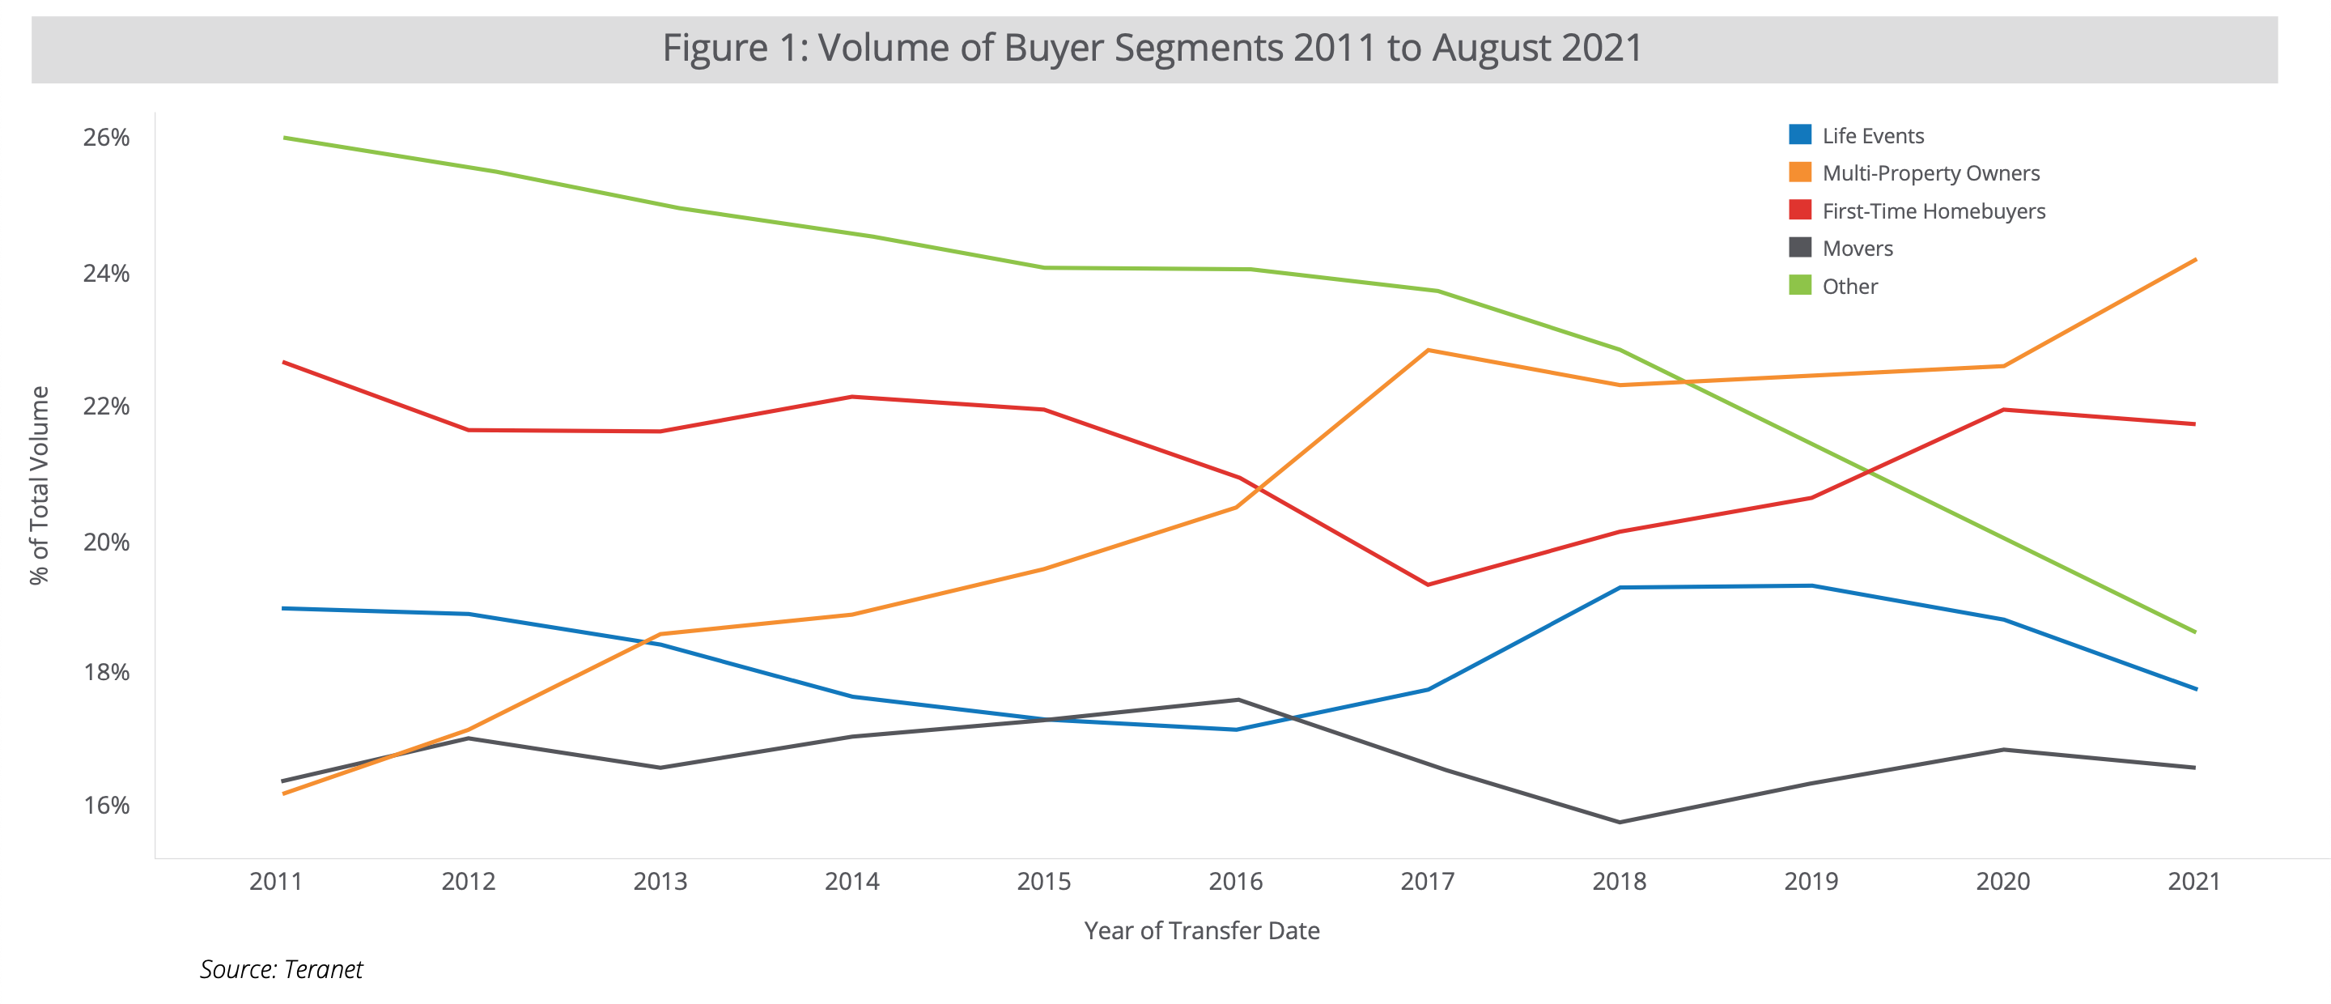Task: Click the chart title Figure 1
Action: [x=1152, y=48]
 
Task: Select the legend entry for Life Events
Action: [x=1872, y=136]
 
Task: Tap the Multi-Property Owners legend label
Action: [x=1930, y=173]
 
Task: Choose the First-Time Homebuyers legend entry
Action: [x=1933, y=211]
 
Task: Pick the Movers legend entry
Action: [x=1857, y=248]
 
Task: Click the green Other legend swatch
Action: [x=1800, y=286]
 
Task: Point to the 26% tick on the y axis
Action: [x=106, y=138]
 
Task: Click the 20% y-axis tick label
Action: [x=106, y=542]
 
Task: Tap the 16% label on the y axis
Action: [x=106, y=805]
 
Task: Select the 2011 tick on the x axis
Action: [x=276, y=881]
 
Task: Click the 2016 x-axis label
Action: [x=1235, y=881]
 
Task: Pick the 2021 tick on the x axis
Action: [x=2193, y=881]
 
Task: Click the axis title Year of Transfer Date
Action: [x=1202, y=930]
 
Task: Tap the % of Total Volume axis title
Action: [x=39, y=485]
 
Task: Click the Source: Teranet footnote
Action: [x=281, y=970]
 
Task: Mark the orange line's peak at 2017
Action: [x=1427, y=351]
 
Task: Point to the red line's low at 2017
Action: [x=1427, y=585]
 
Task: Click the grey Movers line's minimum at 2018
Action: [x=1619, y=822]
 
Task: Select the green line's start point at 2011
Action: [x=285, y=138]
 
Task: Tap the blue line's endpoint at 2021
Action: [x=2194, y=689]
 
